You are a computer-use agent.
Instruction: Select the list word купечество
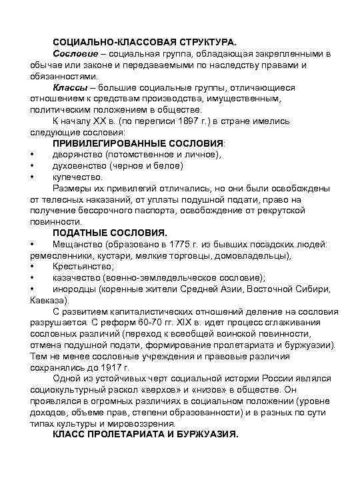[x=77, y=177]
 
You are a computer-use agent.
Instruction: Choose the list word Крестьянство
[x=83, y=267]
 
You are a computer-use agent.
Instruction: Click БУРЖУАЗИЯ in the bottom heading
[x=201, y=435]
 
